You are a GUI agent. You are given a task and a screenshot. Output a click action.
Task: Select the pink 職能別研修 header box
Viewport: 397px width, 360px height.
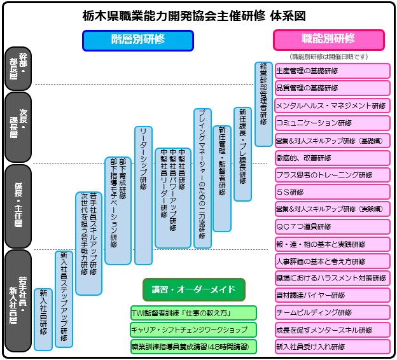click(x=328, y=39)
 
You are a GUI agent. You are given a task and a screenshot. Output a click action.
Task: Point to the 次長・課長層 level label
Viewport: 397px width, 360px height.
click(x=17, y=127)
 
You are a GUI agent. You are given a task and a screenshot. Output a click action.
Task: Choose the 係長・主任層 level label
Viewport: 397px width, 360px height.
click(x=17, y=205)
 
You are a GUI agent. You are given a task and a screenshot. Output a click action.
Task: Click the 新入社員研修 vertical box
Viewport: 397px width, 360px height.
click(x=43, y=319)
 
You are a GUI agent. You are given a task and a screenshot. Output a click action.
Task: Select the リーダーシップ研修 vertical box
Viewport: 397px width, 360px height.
click(x=143, y=195)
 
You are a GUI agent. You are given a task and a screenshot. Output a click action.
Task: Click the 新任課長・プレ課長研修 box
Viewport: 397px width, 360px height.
click(x=242, y=153)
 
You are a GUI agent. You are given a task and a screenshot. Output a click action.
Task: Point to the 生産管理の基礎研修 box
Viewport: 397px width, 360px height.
click(x=332, y=71)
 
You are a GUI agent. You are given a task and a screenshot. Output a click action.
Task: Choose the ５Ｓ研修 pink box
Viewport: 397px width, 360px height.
click(x=332, y=191)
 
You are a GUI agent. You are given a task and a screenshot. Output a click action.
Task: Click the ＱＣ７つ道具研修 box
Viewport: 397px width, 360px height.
click(x=332, y=226)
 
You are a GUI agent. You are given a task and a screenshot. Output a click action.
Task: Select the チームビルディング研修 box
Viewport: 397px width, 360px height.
click(x=332, y=313)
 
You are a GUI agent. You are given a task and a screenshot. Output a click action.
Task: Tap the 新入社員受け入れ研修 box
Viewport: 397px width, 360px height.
click(x=332, y=347)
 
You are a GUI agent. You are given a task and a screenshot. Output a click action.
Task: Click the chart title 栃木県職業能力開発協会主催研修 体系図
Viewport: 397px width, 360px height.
click(x=198, y=14)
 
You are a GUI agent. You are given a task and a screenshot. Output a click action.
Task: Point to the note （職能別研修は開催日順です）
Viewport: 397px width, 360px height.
click(x=328, y=57)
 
